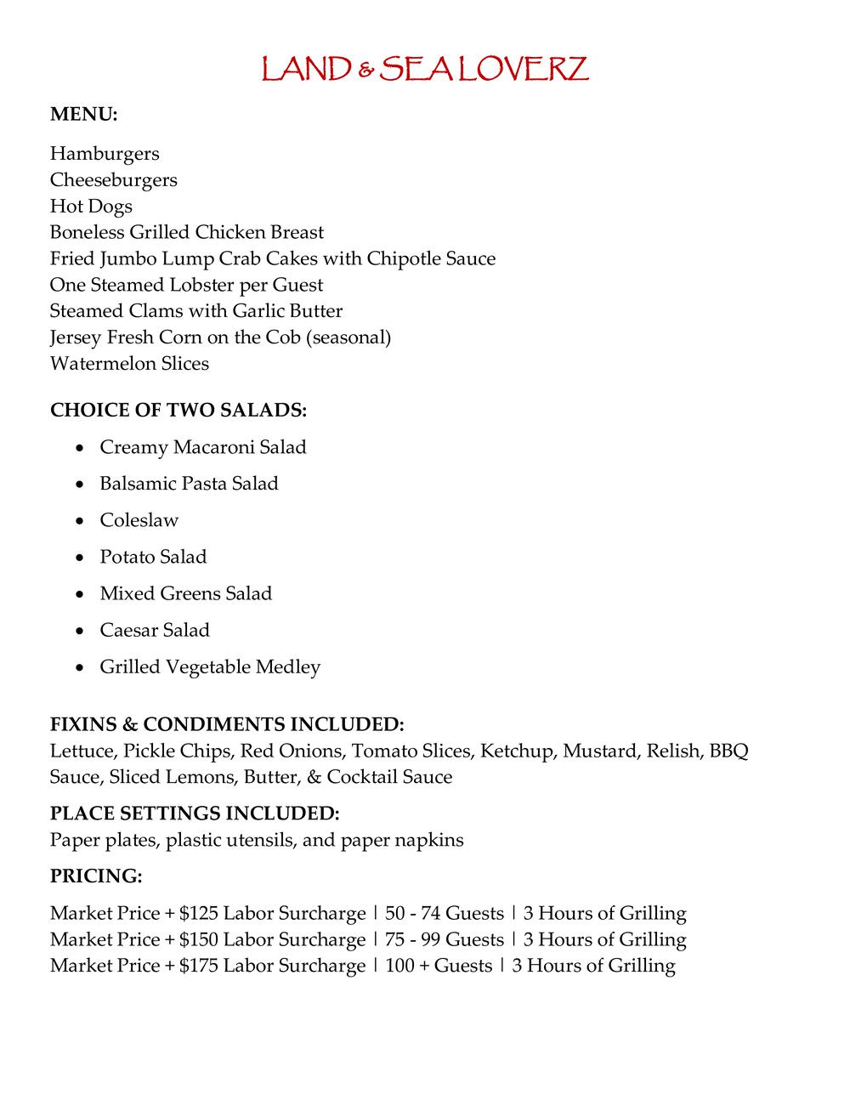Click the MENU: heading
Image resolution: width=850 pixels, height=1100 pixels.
(x=83, y=114)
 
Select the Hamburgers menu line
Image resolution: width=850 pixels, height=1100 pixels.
(x=105, y=154)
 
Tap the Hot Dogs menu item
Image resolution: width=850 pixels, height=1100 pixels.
(x=91, y=207)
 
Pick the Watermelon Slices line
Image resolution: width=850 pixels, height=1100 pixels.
(x=129, y=364)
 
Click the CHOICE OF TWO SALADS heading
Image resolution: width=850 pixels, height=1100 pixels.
(x=178, y=411)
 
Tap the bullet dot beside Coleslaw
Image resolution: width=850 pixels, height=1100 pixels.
(x=80, y=521)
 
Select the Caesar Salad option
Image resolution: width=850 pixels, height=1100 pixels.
(x=155, y=630)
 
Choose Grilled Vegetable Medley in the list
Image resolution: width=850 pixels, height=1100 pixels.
(x=210, y=666)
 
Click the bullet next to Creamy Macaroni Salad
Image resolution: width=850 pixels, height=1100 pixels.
(x=80, y=448)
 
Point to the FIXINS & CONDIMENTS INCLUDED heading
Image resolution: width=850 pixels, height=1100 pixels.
(x=227, y=724)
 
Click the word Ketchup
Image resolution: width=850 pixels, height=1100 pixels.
(x=518, y=751)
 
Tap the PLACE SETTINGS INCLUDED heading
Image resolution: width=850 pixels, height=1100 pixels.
(x=195, y=814)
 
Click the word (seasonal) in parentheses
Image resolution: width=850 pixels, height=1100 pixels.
(x=348, y=337)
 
